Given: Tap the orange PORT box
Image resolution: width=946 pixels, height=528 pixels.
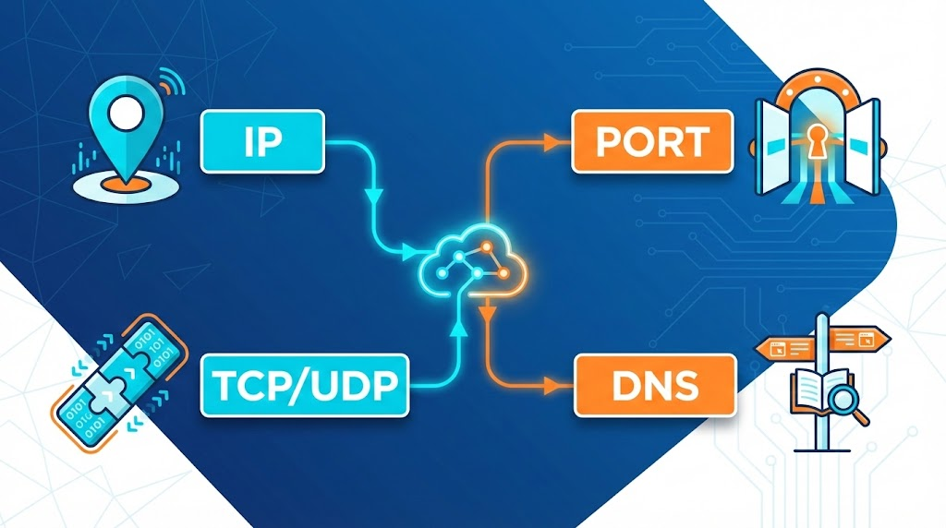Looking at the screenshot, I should coord(652,142).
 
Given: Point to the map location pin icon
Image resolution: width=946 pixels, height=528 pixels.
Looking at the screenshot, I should coord(122,129).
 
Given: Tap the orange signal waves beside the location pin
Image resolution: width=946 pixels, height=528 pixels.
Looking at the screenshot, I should coord(170,84).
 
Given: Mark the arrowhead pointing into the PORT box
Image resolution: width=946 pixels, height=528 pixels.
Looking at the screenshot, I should coord(552,141).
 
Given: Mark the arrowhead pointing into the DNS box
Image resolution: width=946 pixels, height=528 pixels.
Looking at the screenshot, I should coord(554,382).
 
